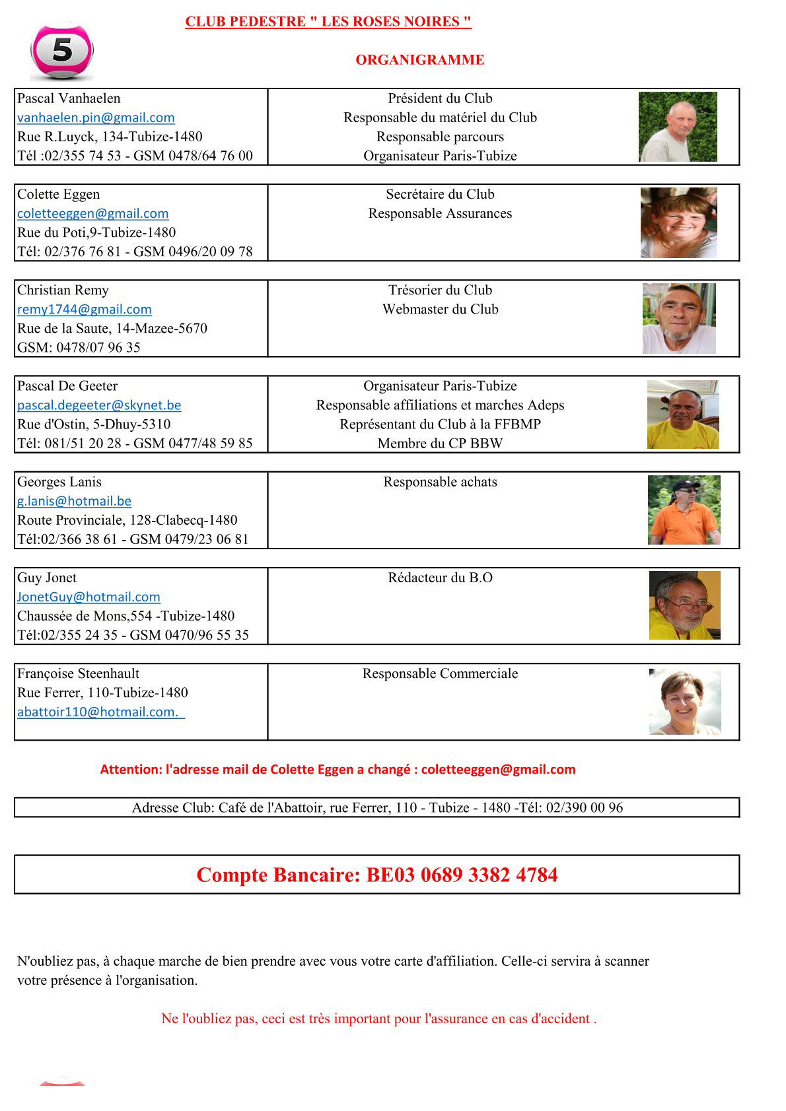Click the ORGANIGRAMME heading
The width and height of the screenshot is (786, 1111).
[x=419, y=60]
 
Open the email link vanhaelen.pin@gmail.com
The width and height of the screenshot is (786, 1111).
[x=96, y=118]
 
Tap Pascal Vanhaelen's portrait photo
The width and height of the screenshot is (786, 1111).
[x=678, y=127]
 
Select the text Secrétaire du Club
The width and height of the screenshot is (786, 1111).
[x=440, y=194]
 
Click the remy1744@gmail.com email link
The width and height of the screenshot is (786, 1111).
[x=85, y=309]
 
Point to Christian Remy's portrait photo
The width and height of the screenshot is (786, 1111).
[x=679, y=318]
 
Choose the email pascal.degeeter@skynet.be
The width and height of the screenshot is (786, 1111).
[x=99, y=405]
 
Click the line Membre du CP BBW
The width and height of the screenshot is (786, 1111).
[x=440, y=443]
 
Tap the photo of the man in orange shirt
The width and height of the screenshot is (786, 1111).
[x=684, y=510]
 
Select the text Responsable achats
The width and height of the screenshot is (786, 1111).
[x=440, y=482]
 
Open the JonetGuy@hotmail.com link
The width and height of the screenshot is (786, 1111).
[x=89, y=597]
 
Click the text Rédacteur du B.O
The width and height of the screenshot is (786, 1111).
[x=440, y=578]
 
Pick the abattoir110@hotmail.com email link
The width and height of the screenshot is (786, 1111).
[x=100, y=712]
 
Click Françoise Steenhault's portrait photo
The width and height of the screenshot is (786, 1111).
[x=685, y=701]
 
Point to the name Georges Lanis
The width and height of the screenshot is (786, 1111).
[x=59, y=482]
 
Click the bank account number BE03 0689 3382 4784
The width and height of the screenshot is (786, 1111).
[x=462, y=875]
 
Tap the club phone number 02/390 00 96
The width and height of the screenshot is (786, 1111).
[x=584, y=807]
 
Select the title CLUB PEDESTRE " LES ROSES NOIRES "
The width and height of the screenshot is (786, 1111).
[x=328, y=22]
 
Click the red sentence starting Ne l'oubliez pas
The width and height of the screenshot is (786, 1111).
[x=378, y=1019]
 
